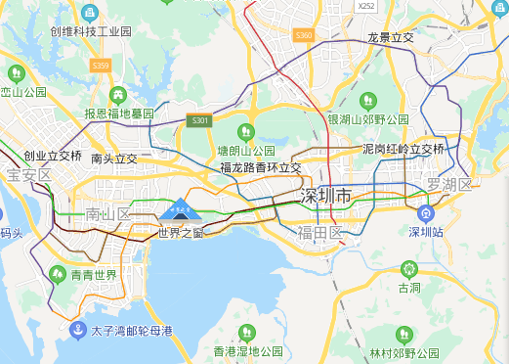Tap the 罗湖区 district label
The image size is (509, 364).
(x=448, y=184)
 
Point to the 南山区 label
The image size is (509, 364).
(x=108, y=213)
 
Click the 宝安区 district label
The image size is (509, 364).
(x=28, y=175)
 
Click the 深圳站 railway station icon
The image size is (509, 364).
(x=425, y=212)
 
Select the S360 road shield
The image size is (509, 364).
(x=304, y=35)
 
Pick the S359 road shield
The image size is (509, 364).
(x=100, y=65)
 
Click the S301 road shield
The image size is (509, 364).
(x=200, y=120)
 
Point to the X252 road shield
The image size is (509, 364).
(x=366, y=6)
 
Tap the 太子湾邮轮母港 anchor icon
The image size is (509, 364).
(x=78, y=330)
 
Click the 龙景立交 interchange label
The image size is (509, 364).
(x=390, y=37)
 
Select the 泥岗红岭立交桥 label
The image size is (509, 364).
(x=403, y=150)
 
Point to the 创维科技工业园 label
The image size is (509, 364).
(x=90, y=31)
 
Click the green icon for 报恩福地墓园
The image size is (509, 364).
(x=118, y=95)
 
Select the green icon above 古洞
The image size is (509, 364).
(x=408, y=268)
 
